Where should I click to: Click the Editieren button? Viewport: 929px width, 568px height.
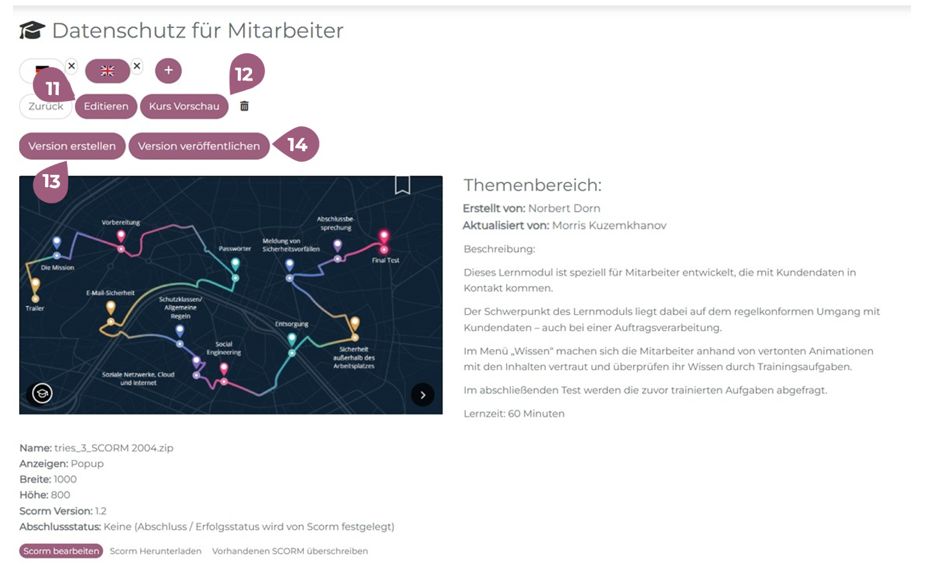pos(106,106)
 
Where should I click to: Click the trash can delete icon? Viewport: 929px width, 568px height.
pos(245,106)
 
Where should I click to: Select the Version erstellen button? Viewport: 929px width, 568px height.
pos(72,146)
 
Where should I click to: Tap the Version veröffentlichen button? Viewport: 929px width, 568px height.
pos(199,146)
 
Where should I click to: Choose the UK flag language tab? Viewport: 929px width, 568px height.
pos(107,70)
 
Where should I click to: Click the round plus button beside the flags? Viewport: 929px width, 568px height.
pos(169,70)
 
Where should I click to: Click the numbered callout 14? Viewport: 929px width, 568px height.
pos(299,145)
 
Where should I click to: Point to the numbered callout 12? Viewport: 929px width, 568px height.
pos(245,72)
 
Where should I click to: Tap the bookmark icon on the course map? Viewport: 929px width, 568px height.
pos(402,185)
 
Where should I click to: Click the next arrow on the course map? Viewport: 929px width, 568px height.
pos(423,395)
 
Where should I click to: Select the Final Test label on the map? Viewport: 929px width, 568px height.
pos(386,260)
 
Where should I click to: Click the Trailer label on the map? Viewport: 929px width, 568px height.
pos(35,309)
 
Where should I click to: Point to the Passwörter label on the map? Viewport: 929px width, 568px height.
pos(236,248)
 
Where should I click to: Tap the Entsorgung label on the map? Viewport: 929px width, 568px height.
pos(292,324)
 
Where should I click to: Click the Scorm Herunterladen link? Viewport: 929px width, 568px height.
pos(156,551)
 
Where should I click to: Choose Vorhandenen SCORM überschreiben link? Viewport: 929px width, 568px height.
pos(290,551)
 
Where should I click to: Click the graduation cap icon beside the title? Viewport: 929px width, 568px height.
pos(32,31)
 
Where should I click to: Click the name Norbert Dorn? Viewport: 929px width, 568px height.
pos(564,208)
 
